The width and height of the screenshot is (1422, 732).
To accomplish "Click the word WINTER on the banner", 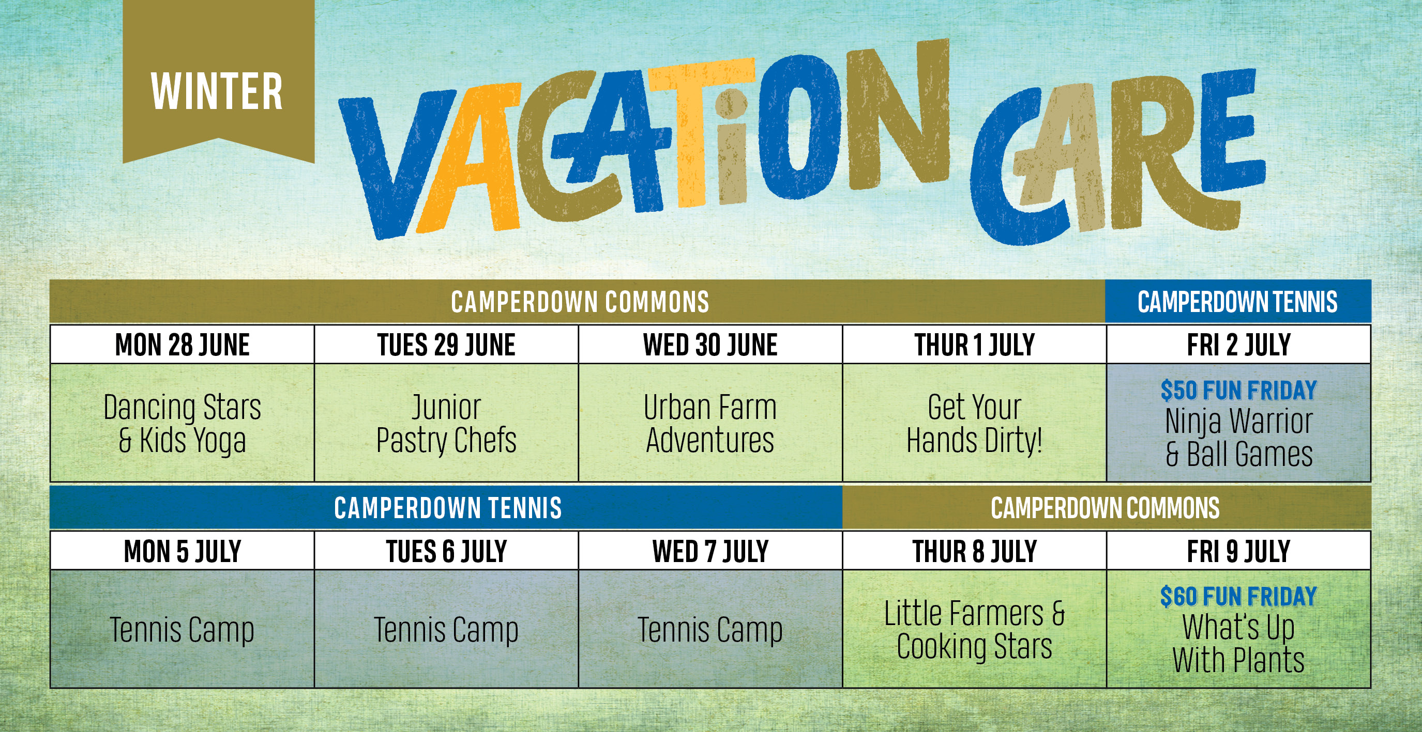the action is tap(216, 91).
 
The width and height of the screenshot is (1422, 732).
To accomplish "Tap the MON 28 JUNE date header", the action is tap(182, 345).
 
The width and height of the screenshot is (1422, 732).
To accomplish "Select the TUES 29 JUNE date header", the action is tap(446, 345).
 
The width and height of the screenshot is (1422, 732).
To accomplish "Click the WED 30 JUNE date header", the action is tap(710, 345).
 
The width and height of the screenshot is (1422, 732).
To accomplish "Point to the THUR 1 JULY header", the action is tap(974, 345).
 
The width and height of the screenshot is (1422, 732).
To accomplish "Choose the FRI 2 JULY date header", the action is tap(1239, 345).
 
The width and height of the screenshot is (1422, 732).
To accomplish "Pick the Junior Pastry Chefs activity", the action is tap(446, 424).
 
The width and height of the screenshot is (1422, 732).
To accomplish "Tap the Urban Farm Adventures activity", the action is tap(710, 424).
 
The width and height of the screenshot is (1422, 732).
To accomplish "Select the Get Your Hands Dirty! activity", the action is tap(974, 424).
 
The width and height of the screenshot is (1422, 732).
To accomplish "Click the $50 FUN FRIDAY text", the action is tap(1239, 390).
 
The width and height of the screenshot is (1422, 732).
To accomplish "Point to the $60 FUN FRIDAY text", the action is tap(1239, 596).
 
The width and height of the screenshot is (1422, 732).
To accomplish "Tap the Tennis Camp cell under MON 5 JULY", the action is tap(182, 629).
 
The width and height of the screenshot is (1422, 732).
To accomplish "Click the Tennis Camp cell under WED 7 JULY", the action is tap(710, 629).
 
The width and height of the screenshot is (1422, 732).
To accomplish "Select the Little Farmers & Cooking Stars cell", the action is tap(974, 629).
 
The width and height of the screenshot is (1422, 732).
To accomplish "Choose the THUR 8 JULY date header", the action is tap(974, 552).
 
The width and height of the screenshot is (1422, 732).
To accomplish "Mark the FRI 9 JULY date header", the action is tap(1239, 552).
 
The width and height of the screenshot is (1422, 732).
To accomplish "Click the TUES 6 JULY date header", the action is tap(446, 552).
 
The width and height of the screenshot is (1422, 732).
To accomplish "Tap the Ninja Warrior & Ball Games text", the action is tap(1239, 438).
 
